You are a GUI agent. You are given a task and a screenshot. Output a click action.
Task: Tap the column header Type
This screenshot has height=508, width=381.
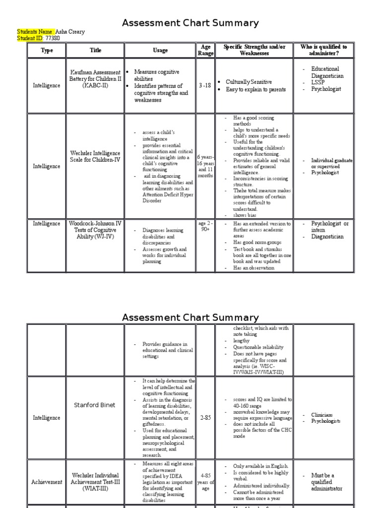tap(47, 50)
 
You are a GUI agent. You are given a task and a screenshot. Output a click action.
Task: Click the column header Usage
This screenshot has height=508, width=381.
tap(160, 50)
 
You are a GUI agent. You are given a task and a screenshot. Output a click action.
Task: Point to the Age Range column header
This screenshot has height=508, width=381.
tap(205, 50)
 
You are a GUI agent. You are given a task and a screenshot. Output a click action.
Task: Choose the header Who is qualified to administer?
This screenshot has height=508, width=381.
tap(323, 50)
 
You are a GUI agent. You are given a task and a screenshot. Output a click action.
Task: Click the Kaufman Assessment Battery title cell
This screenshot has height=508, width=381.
tap(95, 79)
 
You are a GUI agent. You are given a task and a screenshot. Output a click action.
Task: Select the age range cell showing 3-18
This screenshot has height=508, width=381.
tap(205, 85)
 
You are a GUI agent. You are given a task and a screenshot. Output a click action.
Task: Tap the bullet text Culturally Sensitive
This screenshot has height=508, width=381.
tap(249, 82)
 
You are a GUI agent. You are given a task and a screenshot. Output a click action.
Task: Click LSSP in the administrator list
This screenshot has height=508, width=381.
tap(317, 83)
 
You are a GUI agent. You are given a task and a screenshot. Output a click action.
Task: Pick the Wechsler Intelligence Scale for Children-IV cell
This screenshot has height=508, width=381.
tap(95, 157)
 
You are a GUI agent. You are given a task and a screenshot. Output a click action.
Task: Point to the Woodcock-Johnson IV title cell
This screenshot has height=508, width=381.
tap(95, 230)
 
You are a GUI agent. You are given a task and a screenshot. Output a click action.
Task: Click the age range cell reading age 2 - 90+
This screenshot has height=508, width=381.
tap(205, 227)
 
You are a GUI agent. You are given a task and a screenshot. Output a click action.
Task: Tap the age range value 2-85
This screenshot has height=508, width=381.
tap(205, 418)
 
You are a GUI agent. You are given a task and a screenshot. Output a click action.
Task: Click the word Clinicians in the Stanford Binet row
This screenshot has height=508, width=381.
tap(322, 415)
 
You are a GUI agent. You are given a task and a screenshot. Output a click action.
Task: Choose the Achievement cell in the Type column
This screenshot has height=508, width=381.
tap(47, 482)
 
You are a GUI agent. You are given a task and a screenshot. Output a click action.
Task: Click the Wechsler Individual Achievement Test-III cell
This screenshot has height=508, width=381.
tap(95, 482)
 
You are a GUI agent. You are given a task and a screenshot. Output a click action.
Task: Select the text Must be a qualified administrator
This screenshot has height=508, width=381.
tap(326, 482)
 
